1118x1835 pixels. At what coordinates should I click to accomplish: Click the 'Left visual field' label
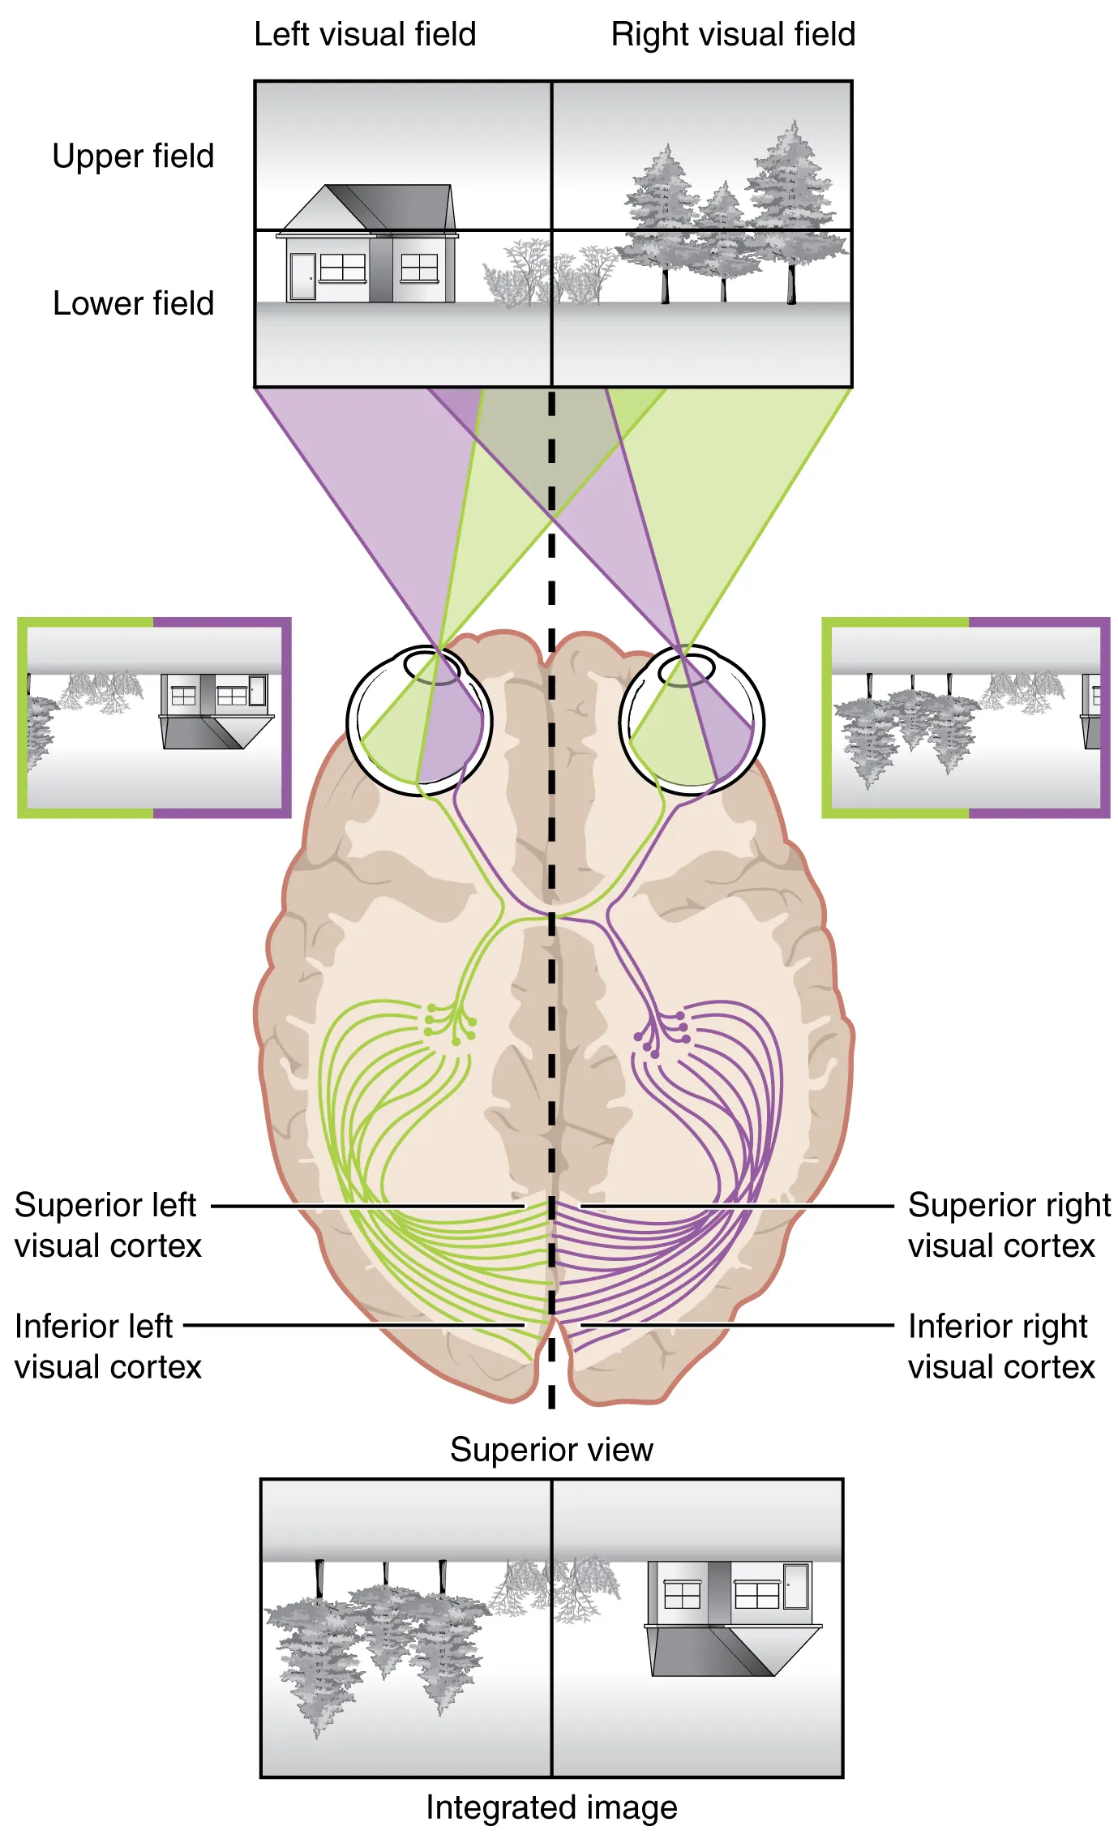[365, 35]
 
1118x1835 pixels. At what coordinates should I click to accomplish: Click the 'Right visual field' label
[732, 35]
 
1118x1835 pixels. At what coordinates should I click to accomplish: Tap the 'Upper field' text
[133, 156]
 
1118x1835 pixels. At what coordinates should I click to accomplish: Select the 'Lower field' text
[133, 303]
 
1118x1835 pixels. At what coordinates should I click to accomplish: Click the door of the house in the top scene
[302, 277]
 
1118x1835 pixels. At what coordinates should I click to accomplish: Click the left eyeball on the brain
[419, 721]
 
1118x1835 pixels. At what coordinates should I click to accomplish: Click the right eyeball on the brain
[692, 719]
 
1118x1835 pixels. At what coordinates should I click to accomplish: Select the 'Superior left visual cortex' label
[107, 1225]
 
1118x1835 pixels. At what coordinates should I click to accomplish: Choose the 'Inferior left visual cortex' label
[107, 1347]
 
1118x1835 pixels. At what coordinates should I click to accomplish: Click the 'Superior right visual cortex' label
[1008, 1225]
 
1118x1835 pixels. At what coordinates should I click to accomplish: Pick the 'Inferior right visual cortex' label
[1000, 1347]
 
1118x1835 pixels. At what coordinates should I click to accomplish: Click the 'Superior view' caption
[551, 1449]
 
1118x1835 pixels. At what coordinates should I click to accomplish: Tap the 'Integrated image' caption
[551, 1807]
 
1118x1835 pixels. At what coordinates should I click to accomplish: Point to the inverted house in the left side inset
[215, 710]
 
